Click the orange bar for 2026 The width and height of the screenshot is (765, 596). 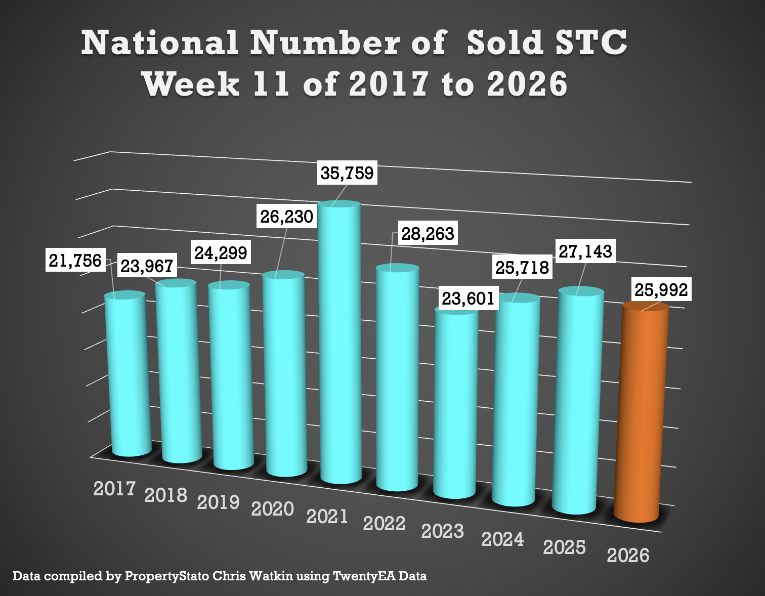tap(641, 415)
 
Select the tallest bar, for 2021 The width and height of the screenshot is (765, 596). tap(340, 344)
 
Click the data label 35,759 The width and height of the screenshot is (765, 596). tap(347, 173)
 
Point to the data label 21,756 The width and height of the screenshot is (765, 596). tap(75, 261)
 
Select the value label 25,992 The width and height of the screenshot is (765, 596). tap(661, 290)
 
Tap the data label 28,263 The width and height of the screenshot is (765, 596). tap(428, 234)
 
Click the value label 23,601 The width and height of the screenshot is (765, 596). tap(468, 299)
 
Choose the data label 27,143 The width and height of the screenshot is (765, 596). tap(585, 251)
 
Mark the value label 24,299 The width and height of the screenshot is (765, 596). tap(221, 252)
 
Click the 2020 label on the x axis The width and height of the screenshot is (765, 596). tap(273, 508)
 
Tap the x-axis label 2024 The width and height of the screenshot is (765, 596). tap(502, 539)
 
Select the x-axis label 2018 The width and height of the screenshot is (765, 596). tap(166, 495)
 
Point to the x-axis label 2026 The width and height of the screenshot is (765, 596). tap(628, 556)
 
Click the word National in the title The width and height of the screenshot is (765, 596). tap(159, 42)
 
